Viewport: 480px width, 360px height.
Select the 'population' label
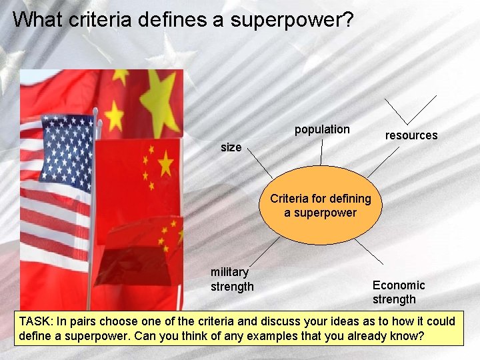point(322,129)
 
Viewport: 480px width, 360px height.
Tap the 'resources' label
point(411,135)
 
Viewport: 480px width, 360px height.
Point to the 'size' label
point(231,147)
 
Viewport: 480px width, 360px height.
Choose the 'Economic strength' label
point(399,292)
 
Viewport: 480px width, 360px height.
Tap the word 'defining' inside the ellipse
point(349,199)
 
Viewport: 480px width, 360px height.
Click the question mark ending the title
point(348,19)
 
